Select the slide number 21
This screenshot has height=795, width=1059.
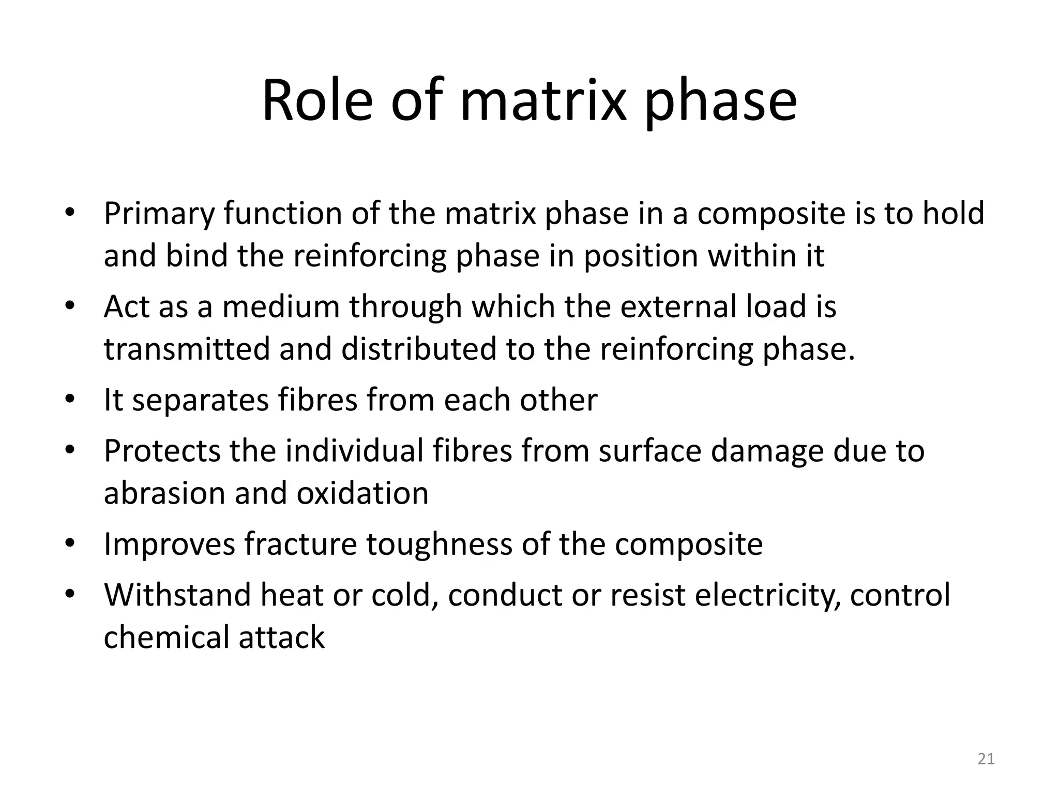coord(986,759)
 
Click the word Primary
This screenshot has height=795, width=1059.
coord(158,214)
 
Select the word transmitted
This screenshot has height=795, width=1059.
coord(187,348)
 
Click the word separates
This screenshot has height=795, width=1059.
coord(200,400)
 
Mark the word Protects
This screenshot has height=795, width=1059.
coord(162,451)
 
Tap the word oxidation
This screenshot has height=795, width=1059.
coord(362,493)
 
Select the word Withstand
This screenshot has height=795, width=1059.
coord(177,595)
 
